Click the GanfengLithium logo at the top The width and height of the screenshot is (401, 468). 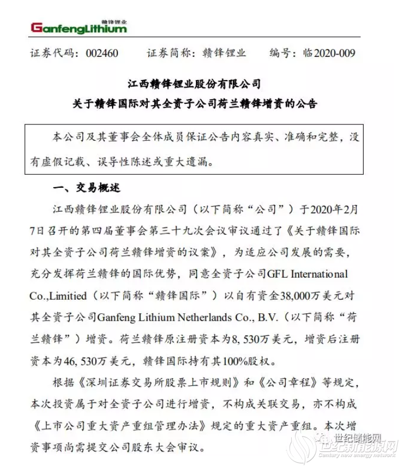click(79, 27)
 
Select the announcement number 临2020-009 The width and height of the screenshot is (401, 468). click(328, 53)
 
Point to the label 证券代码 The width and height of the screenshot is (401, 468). click(51, 53)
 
